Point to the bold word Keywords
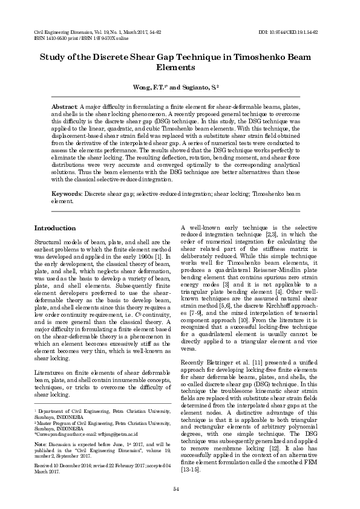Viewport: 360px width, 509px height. point(67,194)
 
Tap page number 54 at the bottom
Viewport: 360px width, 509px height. point(176,488)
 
